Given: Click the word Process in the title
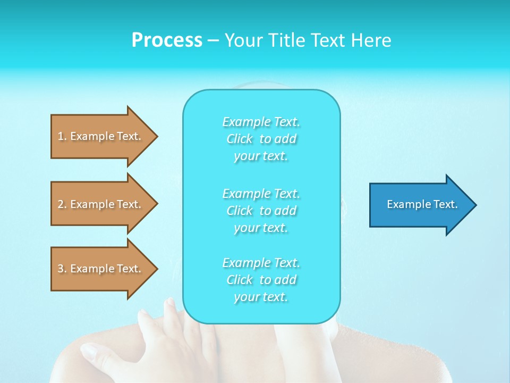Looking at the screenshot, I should (167, 40).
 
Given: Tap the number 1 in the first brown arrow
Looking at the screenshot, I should (61, 136).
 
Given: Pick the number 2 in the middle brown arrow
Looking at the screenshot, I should (61, 204).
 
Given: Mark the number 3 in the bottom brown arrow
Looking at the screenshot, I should (61, 269).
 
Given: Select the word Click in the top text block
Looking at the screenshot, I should (240, 139).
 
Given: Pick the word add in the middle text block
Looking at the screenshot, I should (286, 211).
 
